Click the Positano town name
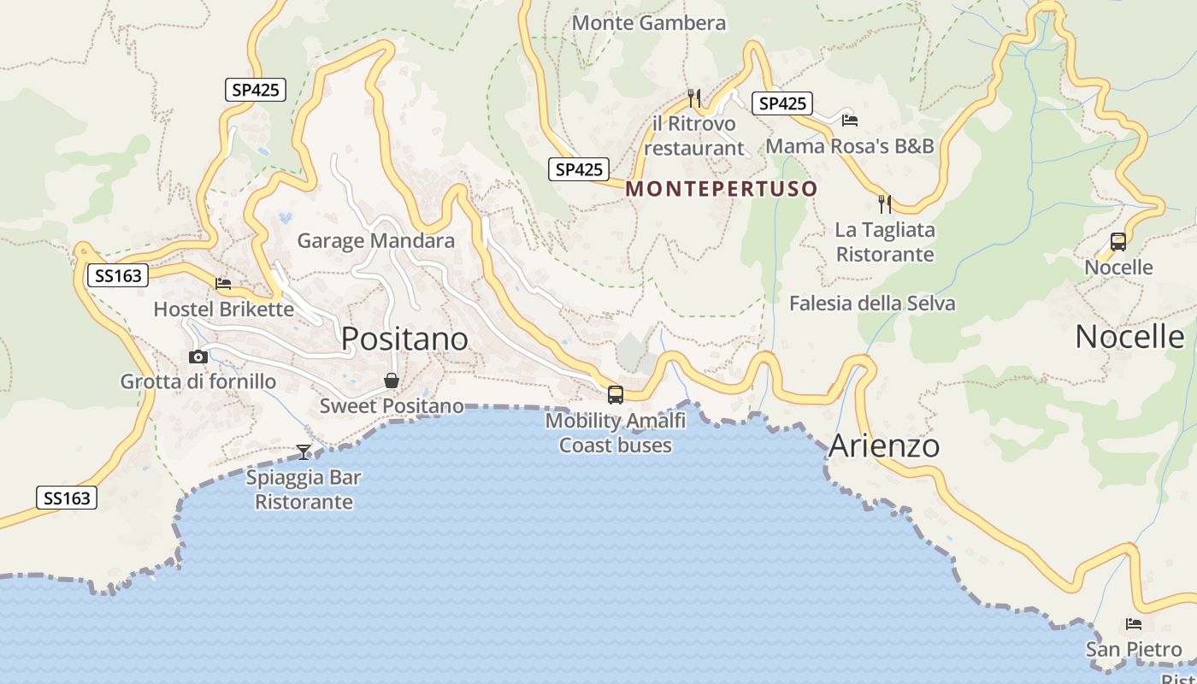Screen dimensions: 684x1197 point(404,339)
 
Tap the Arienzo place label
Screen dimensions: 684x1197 point(884,446)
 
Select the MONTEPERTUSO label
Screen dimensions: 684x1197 point(722,189)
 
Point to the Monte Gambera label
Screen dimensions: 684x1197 point(649,23)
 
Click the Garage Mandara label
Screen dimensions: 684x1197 point(375,241)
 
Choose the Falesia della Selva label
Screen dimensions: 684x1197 point(872,304)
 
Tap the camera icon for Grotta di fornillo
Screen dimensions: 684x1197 point(198,357)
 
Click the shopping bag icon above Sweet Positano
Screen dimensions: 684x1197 point(392,380)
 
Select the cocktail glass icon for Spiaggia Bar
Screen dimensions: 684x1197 point(304,451)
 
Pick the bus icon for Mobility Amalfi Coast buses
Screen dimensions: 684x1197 point(616,394)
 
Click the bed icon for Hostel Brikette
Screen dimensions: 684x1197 point(223,283)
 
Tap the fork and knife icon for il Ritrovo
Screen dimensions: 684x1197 point(694,98)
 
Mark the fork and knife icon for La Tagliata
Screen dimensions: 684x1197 point(885,204)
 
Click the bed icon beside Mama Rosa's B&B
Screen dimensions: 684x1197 point(849,120)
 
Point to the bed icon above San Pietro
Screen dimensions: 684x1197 point(1134,624)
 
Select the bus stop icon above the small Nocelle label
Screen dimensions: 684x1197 point(1118,242)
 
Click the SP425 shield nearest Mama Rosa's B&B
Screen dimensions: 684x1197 point(782,103)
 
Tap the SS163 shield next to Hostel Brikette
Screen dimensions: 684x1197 point(118,275)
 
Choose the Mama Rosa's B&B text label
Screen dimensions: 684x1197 point(850,146)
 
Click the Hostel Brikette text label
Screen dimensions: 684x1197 point(223,310)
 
